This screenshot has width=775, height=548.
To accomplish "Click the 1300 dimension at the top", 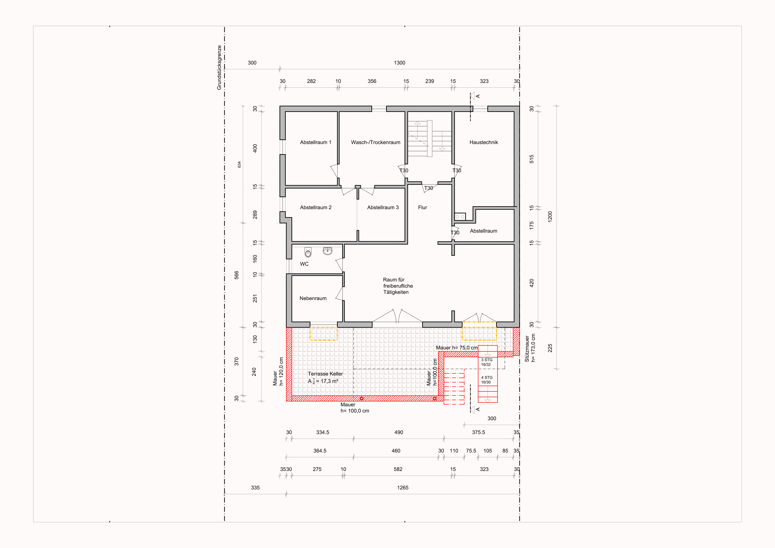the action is click(399, 63).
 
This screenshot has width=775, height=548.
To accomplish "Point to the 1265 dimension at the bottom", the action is click(403, 488).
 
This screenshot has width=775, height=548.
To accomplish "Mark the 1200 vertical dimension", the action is click(550, 216).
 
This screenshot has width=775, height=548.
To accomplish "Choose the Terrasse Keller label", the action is click(325, 374).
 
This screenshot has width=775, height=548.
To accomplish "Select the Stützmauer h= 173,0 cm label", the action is click(530, 348).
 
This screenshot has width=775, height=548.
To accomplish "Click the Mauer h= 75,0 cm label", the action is click(457, 348).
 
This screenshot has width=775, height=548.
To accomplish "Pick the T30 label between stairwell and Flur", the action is click(428, 188).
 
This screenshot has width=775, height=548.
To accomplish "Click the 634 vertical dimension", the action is click(239, 164).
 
